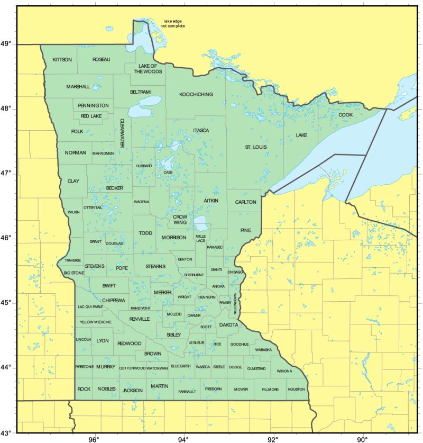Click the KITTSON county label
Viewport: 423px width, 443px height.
click(62, 60)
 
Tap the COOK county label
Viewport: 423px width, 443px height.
click(345, 115)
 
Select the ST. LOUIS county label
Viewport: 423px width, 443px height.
click(255, 147)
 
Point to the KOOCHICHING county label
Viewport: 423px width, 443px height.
click(196, 95)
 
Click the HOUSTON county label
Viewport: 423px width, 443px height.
click(296, 390)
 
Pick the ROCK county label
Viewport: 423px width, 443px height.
click(84, 389)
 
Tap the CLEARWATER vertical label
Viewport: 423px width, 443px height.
click(122, 132)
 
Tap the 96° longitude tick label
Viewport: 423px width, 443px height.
click(94, 439)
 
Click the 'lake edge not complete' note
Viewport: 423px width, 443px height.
click(173, 23)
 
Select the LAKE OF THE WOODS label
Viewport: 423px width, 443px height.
click(148, 68)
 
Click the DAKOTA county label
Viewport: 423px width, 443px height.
click(228, 324)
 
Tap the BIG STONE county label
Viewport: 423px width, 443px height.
click(73, 273)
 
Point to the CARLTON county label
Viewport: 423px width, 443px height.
click(245, 202)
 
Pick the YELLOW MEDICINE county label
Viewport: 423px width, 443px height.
click(96, 322)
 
